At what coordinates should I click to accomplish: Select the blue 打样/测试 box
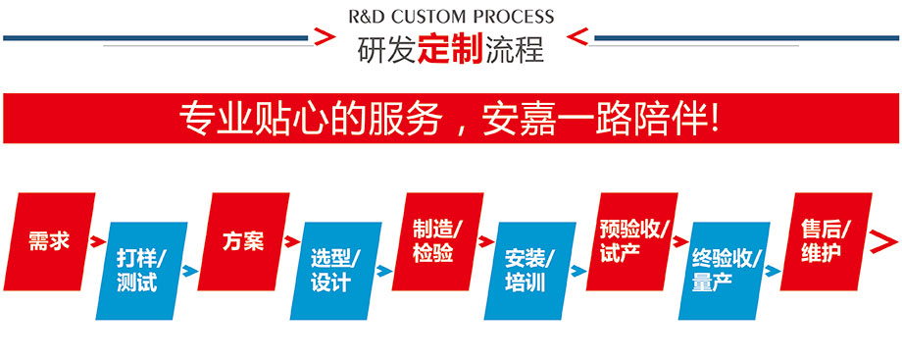tap(141, 271)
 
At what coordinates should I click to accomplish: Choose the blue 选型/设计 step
tap(335, 271)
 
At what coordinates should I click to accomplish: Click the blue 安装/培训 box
tap(529, 271)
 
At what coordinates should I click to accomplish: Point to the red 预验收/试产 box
tap(633, 240)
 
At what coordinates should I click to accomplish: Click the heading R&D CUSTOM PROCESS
tap(451, 17)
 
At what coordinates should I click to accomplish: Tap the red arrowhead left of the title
tap(321, 38)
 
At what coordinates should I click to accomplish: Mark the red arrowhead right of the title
tap(578, 38)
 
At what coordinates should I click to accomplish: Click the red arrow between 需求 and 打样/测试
tap(96, 240)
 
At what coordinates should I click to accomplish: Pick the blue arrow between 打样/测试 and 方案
tap(190, 271)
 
